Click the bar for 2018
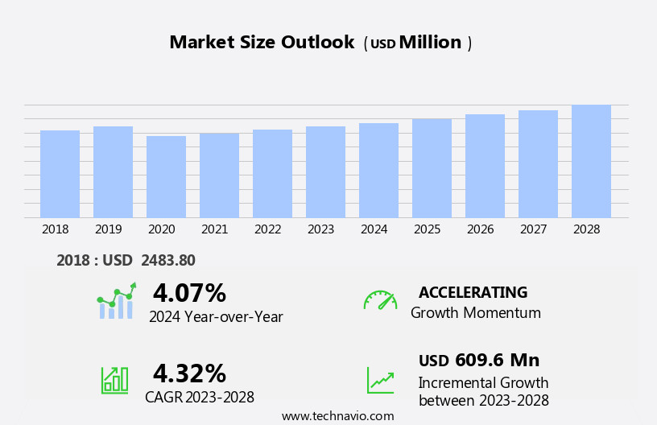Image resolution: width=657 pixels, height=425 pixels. pyautogui.click(x=60, y=174)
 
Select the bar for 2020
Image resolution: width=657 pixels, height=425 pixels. pyautogui.click(x=166, y=177)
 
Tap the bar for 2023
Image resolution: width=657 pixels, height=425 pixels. pyautogui.click(x=325, y=172)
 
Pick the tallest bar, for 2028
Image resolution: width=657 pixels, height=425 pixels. pyautogui.click(x=591, y=161)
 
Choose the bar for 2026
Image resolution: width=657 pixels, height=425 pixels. pyautogui.click(x=485, y=166)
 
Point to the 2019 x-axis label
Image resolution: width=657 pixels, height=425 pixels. pyautogui.click(x=109, y=229)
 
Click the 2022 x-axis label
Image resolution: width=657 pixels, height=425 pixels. pyautogui.click(x=268, y=229)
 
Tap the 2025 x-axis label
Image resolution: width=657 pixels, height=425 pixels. pyautogui.click(x=428, y=229)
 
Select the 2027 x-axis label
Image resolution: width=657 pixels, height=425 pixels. pyautogui.click(x=534, y=229)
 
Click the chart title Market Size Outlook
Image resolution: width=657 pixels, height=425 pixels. pyautogui.click(x=262, y=43)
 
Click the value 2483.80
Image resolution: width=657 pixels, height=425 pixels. pyautogui.click(x=167, y=260)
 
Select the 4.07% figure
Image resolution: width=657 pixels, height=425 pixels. pyautogui.click(x=189, y=293)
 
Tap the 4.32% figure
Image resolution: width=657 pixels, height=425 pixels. pyautogui.click(x=189, y=373)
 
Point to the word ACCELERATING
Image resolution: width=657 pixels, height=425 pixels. pyautogui.click(x=473, y=292)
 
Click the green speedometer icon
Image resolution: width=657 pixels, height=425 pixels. pyautogui.click(x=380, y=300)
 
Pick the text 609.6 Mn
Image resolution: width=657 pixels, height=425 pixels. pyautogui.click(x=497, y=360)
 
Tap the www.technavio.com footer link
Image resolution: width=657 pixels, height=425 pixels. pyautogui.click(x=337, y=416)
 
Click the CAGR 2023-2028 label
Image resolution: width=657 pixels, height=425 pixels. pyautogui.click(x=200, y=397)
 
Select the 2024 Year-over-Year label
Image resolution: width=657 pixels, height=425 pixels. pyautogui.click(x=216, y=316)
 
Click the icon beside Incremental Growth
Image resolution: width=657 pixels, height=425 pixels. pyautogui.click(x=380, y=380)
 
